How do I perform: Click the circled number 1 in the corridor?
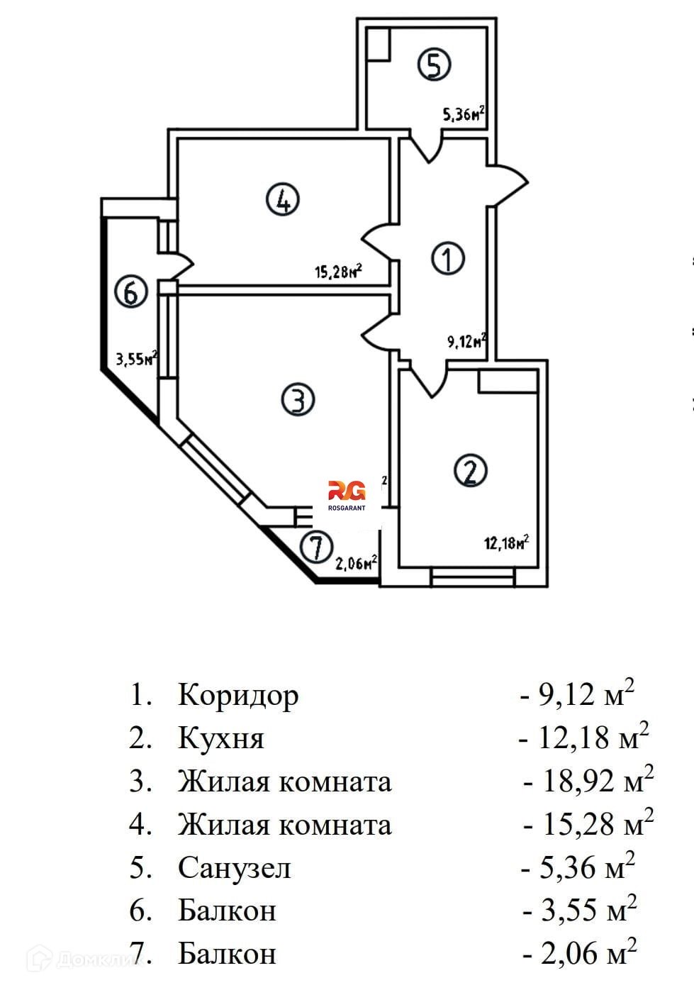pyautogui.click(x=447, y=258)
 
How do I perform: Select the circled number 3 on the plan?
pyautogui.click(x=298, y=399)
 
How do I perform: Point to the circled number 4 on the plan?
pyautogui.click(x=282, y=199)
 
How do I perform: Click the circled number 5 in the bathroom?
pyautogui.click(x=434, y=65)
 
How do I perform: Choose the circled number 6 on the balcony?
pyautogui.click(x=131, y=292)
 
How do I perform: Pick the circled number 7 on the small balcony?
pyautogui.click(x=315, y=547)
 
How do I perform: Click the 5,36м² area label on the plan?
pyautogui.click(x=464, y=113)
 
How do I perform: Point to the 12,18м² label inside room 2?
pyautogui.click(x=506, y=544)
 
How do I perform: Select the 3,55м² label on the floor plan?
pyautogui.click(x=136, y=359)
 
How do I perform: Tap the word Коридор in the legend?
pyautogui.click(x=238, y=695)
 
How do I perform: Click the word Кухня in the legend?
pyautogui.click(x=221, y=738)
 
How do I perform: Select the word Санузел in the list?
pyautogui.click(x=234, y=867)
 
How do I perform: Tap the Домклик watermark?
pyautogui.click(x=85, y=960)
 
